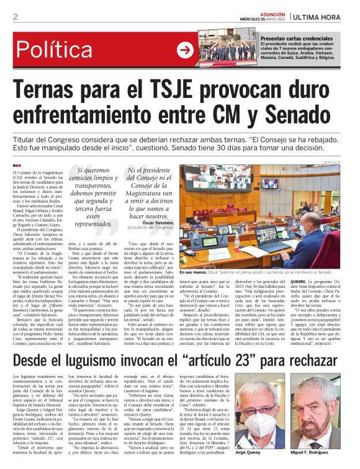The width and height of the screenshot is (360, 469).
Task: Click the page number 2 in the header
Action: pos(15,17)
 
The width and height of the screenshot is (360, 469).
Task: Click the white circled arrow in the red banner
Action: pos(185,50)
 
